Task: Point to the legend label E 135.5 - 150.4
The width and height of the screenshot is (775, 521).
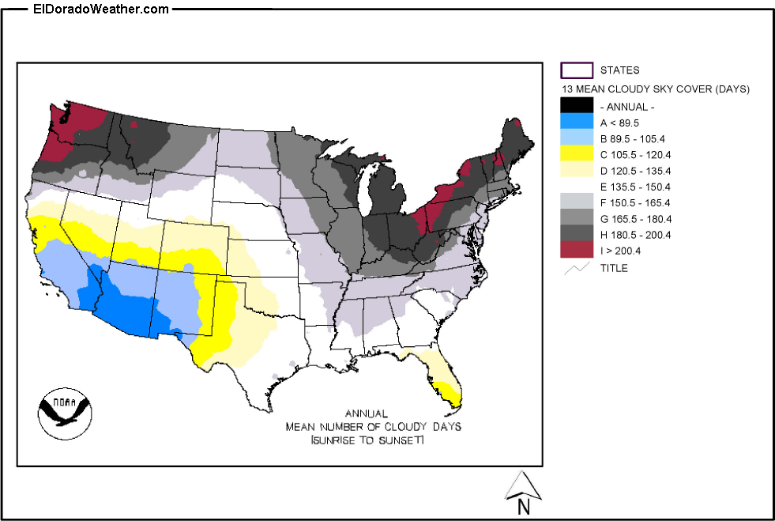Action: [x=635, y=187]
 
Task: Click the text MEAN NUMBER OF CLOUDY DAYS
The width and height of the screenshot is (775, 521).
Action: [x=374, y=426]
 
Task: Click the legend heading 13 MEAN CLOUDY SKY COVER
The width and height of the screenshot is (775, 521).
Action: [x=655, y=89]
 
